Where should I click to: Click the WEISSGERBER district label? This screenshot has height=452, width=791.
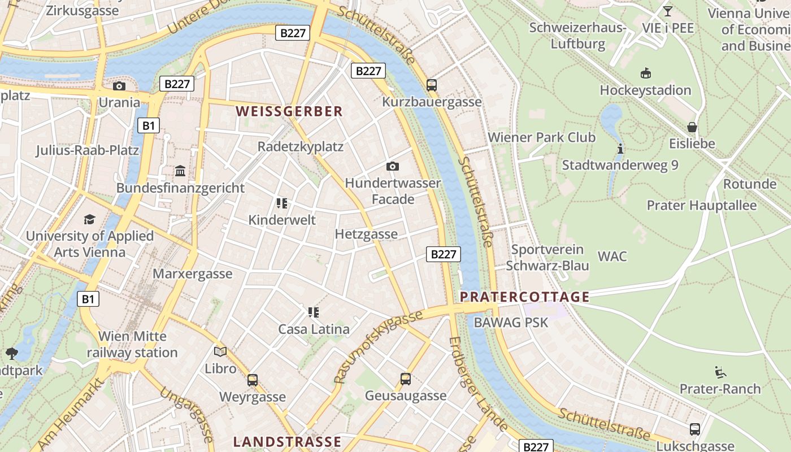289,111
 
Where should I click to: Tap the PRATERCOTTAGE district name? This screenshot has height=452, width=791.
524,297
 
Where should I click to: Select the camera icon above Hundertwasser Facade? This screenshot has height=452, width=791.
392,166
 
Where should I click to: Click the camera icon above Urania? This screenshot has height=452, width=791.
119,86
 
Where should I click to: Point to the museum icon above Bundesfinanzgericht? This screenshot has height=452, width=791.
180,171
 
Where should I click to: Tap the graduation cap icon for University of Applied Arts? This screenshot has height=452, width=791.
89,219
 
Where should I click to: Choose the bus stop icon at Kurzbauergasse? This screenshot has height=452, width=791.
432,85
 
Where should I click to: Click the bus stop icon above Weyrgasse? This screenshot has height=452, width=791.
253,380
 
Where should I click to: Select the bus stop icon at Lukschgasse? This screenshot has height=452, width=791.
694,429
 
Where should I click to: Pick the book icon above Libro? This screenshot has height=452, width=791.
220,351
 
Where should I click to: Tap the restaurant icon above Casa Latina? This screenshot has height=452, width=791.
314,312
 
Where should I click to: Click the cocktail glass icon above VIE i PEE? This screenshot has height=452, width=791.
667,11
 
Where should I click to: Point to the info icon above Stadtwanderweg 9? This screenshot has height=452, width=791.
620,149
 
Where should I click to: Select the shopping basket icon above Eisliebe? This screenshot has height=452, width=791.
692,127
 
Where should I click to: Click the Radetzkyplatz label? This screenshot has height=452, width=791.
300,146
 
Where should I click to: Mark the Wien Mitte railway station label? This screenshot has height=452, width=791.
132,345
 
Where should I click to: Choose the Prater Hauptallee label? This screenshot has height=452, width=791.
701,205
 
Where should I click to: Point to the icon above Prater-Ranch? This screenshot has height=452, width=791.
720,372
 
